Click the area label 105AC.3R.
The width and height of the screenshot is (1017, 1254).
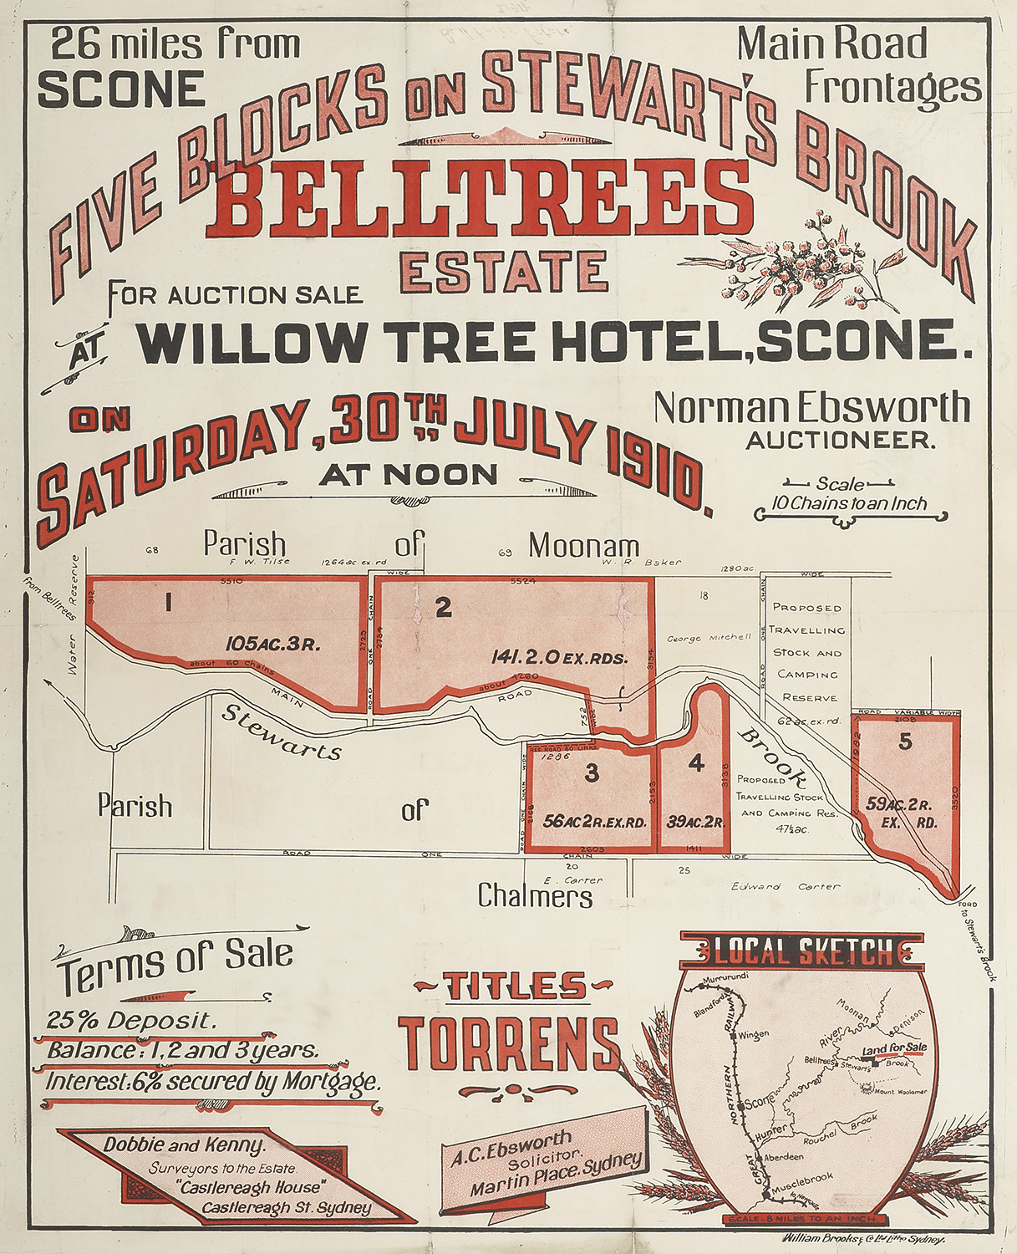pos(273,644)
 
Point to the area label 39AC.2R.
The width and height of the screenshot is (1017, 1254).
pos(694,821)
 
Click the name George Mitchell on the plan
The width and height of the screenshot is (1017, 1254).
pos(709,637)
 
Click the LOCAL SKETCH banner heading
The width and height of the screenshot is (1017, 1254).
pos(803,951)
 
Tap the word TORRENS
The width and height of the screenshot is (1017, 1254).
pos(509,1045)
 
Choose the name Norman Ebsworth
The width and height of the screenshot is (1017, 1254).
pos(811,408)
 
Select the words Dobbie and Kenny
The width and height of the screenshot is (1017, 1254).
pos(185,1144)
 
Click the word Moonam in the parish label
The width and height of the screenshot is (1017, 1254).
pos(584,547)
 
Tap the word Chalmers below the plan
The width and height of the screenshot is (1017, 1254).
pos(535,896)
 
